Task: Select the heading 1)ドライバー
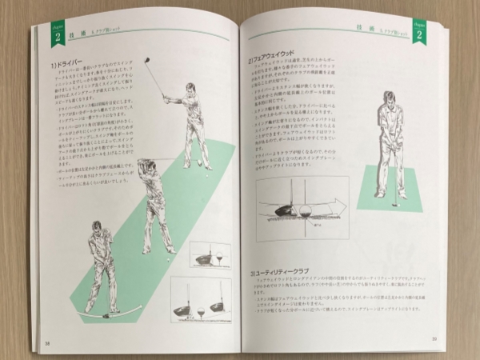(69, 62)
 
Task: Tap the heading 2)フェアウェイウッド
(282, 59)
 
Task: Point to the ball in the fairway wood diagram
(303, 211)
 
